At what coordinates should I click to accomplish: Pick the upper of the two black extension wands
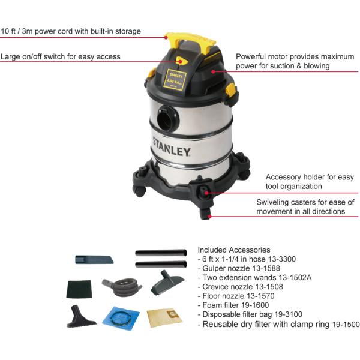click(x=161, y=252)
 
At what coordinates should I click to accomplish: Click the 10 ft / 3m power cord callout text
click(x=71, y=31)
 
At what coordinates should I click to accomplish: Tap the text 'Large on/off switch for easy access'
click(x=61, y=56)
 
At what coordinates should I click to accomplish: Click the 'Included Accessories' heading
click(x=233, y=250)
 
